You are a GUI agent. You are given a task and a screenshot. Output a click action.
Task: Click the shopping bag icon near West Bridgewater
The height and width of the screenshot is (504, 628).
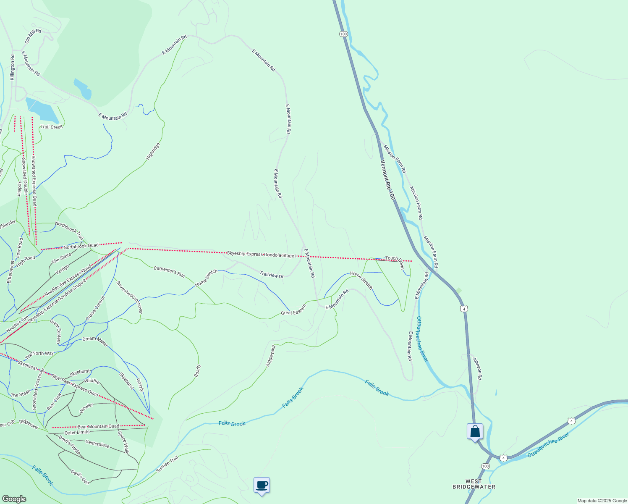click(475, 431)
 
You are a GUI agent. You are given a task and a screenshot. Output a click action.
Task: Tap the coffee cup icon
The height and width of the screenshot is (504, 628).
click(262, 485)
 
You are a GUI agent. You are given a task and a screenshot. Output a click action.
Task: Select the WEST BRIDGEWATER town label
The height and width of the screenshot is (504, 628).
click(474, 484)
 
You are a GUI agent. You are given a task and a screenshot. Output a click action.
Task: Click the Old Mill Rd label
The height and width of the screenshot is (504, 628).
click(33, 36)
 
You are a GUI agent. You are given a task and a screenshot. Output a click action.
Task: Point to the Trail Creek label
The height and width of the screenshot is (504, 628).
click(51, 127)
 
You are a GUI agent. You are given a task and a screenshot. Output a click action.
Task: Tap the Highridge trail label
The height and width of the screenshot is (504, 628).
click(153, 151)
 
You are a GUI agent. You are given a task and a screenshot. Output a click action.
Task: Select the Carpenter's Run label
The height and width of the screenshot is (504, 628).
click(169, 272)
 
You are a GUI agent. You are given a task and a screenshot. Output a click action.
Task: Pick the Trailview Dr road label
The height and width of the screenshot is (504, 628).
click(271, 275)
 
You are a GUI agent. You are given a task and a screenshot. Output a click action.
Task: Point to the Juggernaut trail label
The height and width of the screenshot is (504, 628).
click(270, 356)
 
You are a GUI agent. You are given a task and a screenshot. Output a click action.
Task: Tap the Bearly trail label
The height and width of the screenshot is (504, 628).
click(197, 371)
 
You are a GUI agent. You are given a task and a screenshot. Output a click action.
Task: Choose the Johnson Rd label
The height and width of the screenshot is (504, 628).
click(477, 368)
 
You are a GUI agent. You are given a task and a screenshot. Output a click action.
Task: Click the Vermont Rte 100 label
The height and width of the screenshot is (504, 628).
click(388, 179)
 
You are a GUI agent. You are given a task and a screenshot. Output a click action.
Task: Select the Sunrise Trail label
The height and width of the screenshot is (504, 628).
click(167, 464)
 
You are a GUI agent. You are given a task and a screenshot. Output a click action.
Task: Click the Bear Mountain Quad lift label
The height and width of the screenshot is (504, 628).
click(98, 427)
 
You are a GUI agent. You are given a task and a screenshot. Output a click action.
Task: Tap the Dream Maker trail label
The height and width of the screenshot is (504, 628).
click(95, 341)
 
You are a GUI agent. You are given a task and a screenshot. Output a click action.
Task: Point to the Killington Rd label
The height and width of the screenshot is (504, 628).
click(13, 67)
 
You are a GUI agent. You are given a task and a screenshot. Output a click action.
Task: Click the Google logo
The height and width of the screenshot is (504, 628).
click(14, 499)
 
